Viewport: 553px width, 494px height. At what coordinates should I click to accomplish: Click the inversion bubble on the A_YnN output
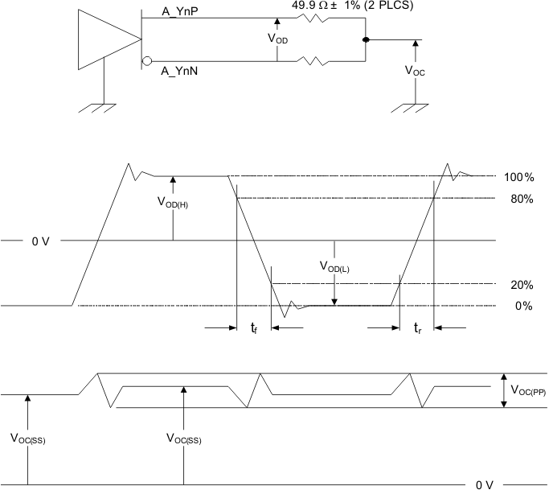click(146, 61)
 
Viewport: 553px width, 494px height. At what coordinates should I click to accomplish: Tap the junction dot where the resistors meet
click(366, 39)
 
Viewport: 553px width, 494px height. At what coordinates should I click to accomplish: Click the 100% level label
click(518, 177)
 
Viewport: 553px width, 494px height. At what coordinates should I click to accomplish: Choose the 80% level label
click(522, 199)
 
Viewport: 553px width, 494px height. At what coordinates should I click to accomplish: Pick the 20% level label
click(522, 285)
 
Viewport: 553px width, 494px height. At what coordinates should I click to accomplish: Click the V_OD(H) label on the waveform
click(173, 203)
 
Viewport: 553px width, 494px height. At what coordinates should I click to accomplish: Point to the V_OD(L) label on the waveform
click(334, 267)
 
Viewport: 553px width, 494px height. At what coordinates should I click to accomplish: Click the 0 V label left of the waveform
click(39, 241)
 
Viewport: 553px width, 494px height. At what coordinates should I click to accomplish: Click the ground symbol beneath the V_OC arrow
click(415, 107)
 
